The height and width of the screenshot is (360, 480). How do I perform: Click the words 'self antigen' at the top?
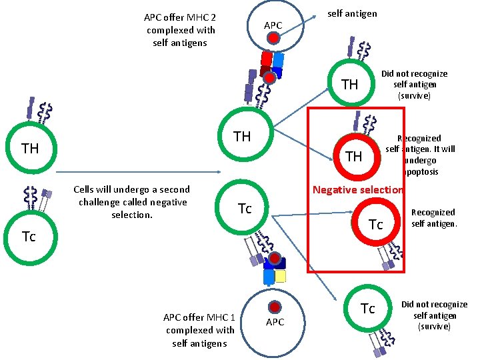point(353,13)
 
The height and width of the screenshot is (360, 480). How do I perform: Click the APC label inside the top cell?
point(273,25)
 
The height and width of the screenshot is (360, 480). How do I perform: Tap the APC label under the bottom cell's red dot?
point(275,322)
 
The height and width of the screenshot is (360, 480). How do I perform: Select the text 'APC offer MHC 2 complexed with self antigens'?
point(180,30)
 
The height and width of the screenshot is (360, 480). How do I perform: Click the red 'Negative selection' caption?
point(358,190)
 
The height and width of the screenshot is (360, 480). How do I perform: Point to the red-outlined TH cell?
point(354,156)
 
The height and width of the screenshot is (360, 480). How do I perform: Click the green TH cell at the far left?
point(31,148)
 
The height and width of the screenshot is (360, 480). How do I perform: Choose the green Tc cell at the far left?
point(29,236)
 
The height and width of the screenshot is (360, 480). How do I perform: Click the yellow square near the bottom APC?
point(281,276)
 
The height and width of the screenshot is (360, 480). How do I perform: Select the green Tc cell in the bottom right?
point(367,309)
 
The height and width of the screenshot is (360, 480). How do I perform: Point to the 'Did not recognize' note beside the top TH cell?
point(414,84)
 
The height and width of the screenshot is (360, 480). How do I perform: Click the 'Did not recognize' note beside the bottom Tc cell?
point(434,315)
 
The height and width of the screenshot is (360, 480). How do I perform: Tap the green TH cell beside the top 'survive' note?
point(349,85)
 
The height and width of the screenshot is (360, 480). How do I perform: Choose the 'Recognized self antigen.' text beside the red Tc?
point(433,217)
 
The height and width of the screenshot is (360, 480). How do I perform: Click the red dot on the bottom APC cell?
point(274,307)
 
